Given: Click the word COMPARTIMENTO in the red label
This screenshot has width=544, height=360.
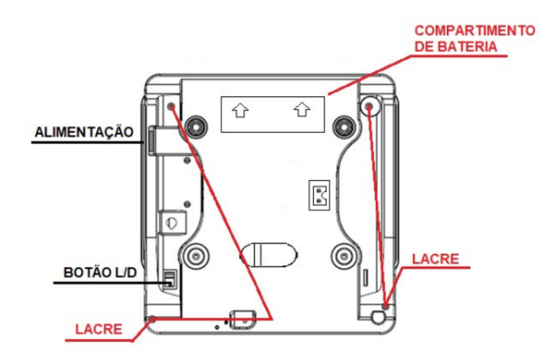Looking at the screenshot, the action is coord(475,31).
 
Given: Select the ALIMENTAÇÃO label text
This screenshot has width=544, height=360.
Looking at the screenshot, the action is coord(84,132).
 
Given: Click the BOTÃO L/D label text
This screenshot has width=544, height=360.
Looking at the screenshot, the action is coord(100,272).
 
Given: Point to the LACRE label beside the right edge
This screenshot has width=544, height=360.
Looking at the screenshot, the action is coord(435,258).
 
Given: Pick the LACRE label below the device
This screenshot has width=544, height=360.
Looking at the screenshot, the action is coord(99,329).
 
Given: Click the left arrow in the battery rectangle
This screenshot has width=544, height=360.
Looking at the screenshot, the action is coord(240,110).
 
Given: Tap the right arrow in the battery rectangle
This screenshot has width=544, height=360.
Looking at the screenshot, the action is coord(302,109).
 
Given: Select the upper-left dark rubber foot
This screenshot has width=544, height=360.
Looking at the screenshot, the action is coord(196,127).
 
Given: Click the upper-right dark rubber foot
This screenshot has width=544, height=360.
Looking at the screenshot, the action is coord(344,127).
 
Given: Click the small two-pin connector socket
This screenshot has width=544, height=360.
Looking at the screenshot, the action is coord(319,195).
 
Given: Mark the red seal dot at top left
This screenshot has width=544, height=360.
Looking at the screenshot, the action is coord(171,106).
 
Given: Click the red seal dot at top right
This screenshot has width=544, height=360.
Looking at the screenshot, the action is coord(369,106).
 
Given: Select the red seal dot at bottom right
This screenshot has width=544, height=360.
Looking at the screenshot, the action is coord(386,306).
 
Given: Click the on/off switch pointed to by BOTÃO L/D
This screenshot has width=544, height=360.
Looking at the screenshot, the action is coord(169,279).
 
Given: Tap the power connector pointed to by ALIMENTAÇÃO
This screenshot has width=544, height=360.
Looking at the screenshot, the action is coord(152,141).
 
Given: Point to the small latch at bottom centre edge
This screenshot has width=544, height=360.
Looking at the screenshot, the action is coord(242,319).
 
